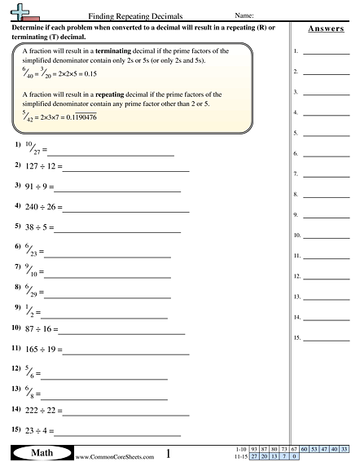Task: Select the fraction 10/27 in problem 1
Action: click(32, 149)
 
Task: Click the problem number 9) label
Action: click(18, 308)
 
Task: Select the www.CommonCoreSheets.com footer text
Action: click(103, 455)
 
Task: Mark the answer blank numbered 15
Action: click(326, 338)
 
